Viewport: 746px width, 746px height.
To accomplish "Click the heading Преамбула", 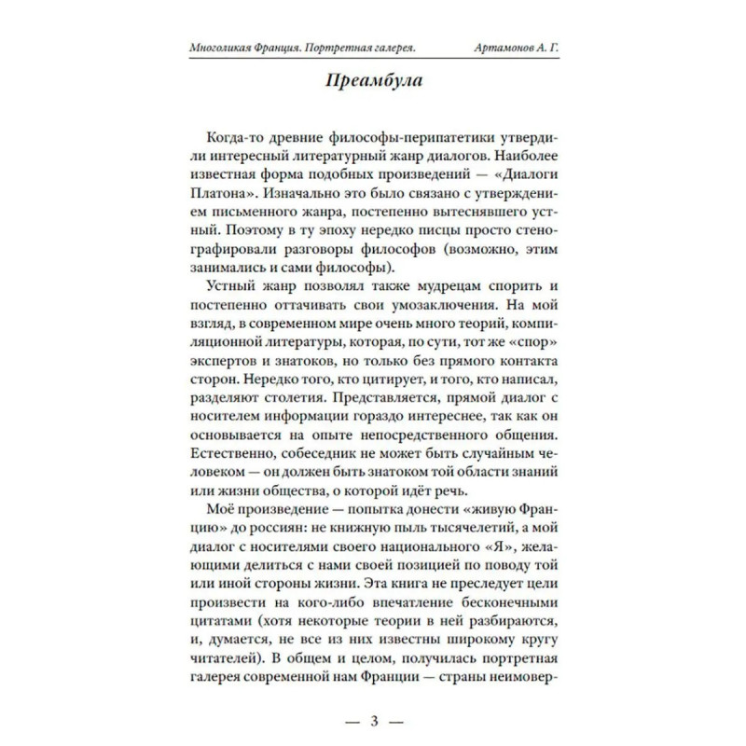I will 373,81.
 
